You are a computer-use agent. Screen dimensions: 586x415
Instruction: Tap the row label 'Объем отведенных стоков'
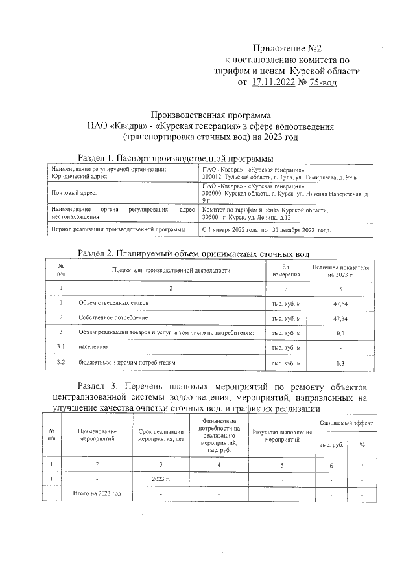pos(113,303)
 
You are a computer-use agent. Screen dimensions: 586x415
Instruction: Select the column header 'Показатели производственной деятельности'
pos(171,270)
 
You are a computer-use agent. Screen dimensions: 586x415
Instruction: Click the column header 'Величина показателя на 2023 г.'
pos(340,270)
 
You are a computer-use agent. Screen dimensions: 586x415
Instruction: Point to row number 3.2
pos(60,363)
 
